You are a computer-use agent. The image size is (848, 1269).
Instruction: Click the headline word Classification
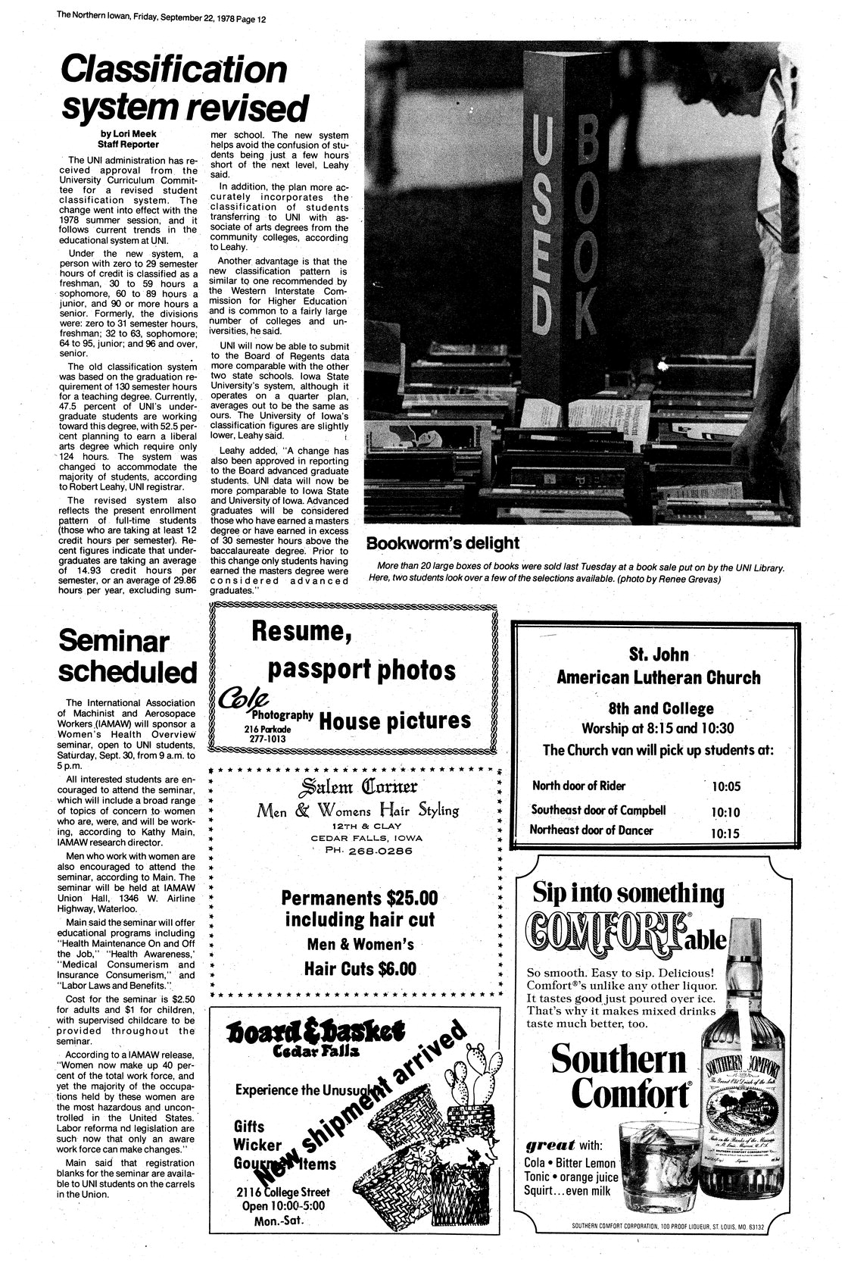(174, 70)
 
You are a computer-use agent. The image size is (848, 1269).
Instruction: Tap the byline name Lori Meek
(123, 134)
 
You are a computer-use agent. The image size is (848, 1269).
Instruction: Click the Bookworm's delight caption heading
(443, 543)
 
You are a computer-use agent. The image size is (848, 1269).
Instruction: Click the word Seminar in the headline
(114, 642)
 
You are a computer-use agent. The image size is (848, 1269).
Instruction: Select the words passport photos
(363, 669)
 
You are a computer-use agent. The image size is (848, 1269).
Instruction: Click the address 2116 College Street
(282, 1192)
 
